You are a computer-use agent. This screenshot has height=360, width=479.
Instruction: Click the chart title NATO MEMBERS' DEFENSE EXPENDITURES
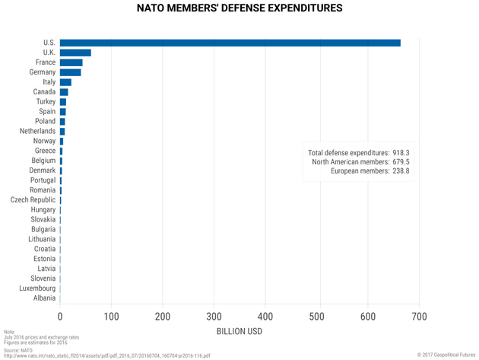click(239, 9)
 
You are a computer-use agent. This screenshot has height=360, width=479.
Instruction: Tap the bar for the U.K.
click(75, 53)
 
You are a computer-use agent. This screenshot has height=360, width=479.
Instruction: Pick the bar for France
click(71, 62)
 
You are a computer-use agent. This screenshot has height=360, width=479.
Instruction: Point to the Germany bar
click(70, 72)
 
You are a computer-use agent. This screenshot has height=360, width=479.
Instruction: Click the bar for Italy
click(65, 82)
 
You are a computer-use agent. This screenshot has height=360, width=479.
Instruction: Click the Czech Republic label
click(33, 200)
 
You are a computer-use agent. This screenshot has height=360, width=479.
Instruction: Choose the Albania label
click(44, 298)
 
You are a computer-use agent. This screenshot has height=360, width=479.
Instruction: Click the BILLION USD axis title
click(239, 332)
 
